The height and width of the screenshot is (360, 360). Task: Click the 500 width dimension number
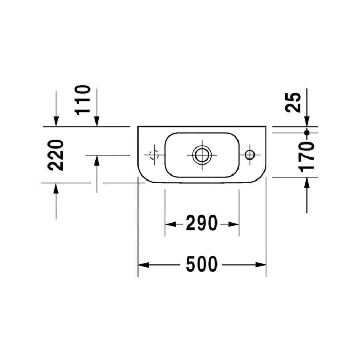pyautogui.click(x=202, y=264)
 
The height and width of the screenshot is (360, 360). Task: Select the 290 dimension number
pyautogui.click(x=202, y=223)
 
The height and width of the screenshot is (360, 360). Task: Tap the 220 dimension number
pyautogui.click(x=56, y=155)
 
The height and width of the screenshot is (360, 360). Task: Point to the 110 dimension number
pyautogui.click(x=82, y=100)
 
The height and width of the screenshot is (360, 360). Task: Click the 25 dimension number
pyautogui.click(x=293, y=102)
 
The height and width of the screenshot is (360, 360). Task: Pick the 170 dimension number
pyautogui.click(x=306, y=157)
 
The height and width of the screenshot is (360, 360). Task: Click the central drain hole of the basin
pyautogui.click(x=202, y=155)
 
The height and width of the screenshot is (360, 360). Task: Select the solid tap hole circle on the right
pyautogui.click(x=250, y=155)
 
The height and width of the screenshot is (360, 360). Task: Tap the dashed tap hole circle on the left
pyautogui.click(x=154, y=155)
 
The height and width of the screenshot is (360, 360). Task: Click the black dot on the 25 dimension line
pyautogui.click(x=307, y=132)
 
